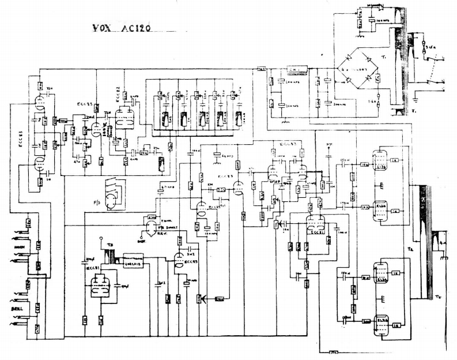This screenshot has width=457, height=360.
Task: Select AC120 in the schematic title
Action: [136, 29]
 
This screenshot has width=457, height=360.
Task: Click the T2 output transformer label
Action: [410, 247]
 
